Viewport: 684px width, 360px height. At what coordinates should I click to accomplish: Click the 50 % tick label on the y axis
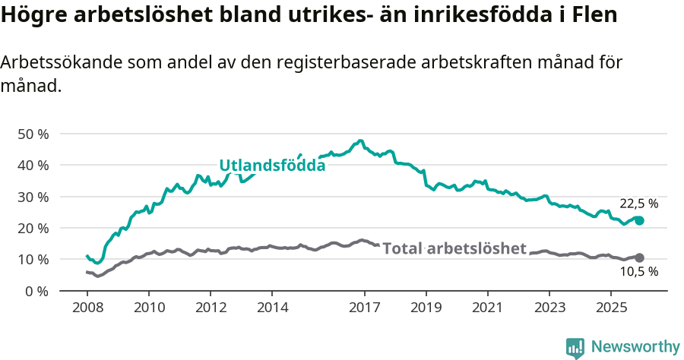[x=33, y=134]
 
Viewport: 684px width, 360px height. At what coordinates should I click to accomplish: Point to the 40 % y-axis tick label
[x=33, y=165]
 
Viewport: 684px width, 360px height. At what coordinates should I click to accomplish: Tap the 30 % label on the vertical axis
[x=33, y=197]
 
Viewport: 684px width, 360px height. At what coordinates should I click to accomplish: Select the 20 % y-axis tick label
[x=33, y=228]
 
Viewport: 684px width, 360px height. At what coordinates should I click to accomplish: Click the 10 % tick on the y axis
[x=33, y=259]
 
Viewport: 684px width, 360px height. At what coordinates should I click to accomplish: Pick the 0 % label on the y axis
[x=36, y=291]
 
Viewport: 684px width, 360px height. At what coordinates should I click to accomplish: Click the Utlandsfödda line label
[x=272, y=166]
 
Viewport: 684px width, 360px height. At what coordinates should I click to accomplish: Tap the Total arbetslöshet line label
[x=454, y=248]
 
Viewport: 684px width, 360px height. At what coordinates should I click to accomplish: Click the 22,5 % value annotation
[x=638, y=204]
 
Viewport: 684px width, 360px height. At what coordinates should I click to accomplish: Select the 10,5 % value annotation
[x=638, y=271]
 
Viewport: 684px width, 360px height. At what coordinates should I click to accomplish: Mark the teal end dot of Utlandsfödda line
[x=639, y=220]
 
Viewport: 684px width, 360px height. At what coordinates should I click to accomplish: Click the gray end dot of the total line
[x=639, y=258]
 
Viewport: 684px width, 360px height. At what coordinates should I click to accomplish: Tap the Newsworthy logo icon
[x=575, y=347]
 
